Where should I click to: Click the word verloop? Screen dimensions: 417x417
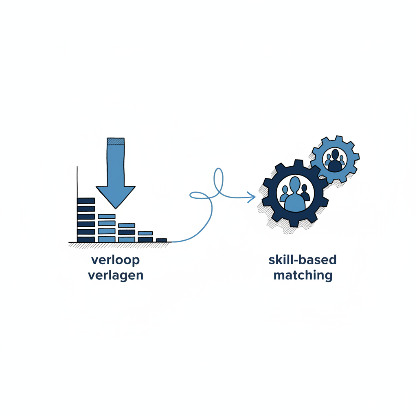coord(115,260)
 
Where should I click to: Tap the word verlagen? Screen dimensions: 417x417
coord(116,276)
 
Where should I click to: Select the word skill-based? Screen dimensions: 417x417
coord(303,260)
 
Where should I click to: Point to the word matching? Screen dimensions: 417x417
coord(303,276)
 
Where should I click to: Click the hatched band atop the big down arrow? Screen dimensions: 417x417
coord(115,141)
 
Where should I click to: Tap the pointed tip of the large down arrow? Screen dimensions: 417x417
coord(116,208)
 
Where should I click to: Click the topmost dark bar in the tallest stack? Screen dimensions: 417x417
coord(86,201)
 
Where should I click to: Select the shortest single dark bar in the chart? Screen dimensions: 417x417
coord(161,240)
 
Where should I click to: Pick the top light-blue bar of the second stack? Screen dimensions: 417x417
coord(107,216)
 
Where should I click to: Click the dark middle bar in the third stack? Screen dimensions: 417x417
coord(127,232)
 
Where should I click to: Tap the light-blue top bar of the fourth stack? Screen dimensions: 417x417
coord(145,233)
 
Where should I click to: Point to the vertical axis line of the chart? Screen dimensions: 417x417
coord(77,204)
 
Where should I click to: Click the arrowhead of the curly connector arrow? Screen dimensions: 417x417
coord(252,197)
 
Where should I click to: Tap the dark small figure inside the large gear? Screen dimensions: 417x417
coord(305,193)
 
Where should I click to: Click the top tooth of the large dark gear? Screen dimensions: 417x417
coord(298,163)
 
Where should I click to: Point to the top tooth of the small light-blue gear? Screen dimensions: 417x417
coord(338,139)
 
